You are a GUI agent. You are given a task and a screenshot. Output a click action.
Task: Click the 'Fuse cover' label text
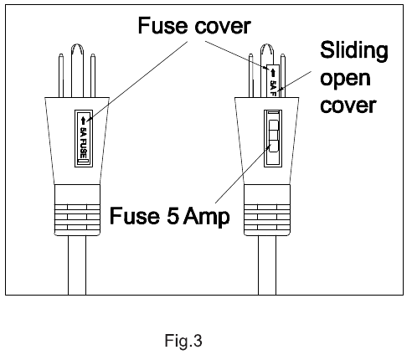click(x=194, y=26)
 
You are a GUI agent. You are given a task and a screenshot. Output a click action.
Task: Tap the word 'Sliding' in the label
click(x=354, y=50)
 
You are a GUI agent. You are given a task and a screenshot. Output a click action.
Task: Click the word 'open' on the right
click(x=345, y=80)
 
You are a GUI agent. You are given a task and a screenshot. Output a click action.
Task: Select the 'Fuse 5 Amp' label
click(x=170, y=216)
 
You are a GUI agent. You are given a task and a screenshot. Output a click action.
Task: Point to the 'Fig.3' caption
click(x=183, y=341)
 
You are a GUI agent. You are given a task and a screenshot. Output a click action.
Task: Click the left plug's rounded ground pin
click(x=77, y=70)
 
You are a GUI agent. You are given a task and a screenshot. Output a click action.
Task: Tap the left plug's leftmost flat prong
click(x=61, y=75)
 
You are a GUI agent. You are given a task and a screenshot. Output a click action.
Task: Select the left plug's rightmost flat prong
click(x=93, y=75)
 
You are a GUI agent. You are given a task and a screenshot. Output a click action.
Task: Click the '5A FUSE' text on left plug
click(x=84, y=142)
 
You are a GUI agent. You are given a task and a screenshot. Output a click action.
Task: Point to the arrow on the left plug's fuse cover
click(x=83, y=121)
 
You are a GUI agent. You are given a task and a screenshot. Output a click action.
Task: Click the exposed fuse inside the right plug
click(x=273, y=136)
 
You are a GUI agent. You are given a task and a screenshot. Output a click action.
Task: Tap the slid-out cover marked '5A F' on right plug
click(x=273, y=81)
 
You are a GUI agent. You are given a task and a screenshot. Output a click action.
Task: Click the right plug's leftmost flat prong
click(x=251, y=75)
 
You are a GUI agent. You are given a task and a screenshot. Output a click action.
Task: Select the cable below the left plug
click(x=77, y=265)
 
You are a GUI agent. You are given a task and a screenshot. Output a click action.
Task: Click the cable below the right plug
click(x=267, y=265)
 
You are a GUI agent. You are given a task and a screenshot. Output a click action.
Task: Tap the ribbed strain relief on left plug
click(x=77, y=210)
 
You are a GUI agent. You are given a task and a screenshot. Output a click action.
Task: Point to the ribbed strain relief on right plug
click(x=267, y=210)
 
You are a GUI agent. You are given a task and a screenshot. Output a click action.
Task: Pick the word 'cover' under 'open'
click(x=348, y=105)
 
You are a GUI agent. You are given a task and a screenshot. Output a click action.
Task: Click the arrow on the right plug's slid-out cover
click(x=273, y=73)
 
